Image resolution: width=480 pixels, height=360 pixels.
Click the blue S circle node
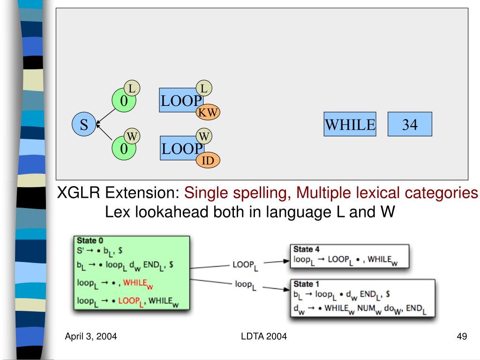coord(84,125)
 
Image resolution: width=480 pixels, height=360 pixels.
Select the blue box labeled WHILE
coord(350,124)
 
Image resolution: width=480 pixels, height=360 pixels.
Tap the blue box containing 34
coord(409,124)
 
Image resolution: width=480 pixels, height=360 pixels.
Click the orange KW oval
coord(207,112)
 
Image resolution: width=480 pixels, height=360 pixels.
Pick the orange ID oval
coord(208,161)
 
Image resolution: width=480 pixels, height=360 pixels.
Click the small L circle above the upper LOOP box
coord(203,88)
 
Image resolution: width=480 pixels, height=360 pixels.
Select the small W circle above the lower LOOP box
coord(203,136)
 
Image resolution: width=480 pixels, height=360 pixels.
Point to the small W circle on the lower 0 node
coord(133,136)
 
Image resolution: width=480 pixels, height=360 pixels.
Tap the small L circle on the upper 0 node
coord(133,88)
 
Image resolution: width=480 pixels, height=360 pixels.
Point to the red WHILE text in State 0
coord(141,283)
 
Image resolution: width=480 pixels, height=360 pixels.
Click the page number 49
coord(462,337)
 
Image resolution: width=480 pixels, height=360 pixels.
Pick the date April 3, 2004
coord(91,337)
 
